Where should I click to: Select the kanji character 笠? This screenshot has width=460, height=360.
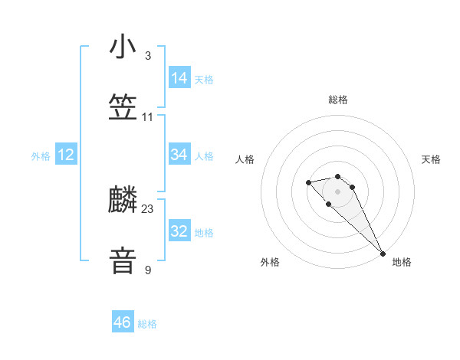pos(123,108)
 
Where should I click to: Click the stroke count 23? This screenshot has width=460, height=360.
pos(148,209)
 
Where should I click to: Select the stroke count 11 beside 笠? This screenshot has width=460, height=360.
pos(148,117)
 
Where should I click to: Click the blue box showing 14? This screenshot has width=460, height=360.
pos(179,78)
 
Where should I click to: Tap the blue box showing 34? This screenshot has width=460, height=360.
pos(179,155)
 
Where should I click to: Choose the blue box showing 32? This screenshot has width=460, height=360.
pos(179,231)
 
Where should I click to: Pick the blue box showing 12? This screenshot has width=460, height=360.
pos(66,155)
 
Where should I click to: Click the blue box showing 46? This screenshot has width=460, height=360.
pos(123,322)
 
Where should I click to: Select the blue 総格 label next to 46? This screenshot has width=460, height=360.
pos(147,324)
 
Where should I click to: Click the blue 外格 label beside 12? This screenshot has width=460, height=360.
pos(41,156)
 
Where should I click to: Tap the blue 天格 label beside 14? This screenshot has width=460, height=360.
pos(204,80)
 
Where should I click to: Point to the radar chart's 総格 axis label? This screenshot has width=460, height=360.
pos(338,100)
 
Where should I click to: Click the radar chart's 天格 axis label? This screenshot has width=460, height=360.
pos(431,159)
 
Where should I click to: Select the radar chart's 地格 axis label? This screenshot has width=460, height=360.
pos(402,262)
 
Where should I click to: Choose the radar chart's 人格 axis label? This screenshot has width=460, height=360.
pos(245,159)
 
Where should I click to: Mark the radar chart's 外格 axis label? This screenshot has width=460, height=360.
pos(270,262)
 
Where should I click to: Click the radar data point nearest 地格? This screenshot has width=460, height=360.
pos(383,254)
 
